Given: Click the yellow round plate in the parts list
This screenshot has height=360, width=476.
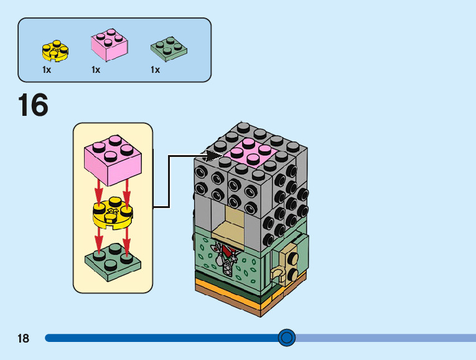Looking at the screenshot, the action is tap(55, 50).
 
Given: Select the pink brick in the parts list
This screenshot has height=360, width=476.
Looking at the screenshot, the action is tap(110, 45).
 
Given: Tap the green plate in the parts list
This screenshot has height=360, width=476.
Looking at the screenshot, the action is tap(169, 48).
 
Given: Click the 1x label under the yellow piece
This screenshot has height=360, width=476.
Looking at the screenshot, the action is tap(47, 70).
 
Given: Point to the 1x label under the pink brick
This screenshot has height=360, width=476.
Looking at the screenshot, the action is tap(96, 70).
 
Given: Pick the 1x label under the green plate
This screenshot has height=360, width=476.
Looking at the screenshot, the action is tap(156, 70).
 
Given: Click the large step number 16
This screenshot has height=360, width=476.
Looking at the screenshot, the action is tap(33, 105).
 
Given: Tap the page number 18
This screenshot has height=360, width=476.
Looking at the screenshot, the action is tap(24, 339).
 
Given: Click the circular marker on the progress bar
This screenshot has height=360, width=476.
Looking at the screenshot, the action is tap(286, 338).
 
